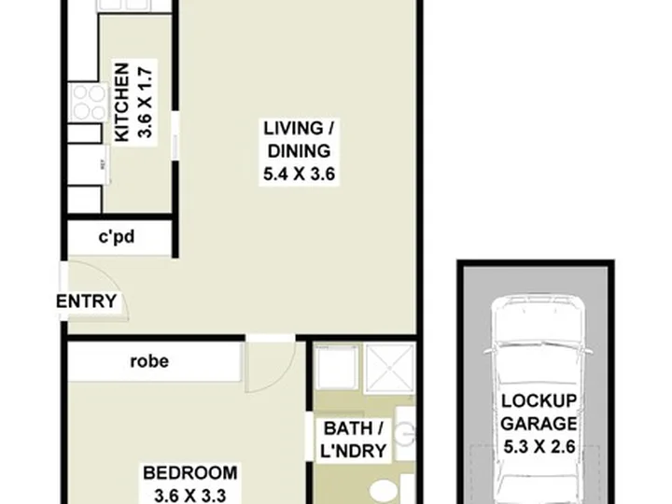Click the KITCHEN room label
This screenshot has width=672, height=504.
(121, 102)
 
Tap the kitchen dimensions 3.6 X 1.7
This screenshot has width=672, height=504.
(145, 103)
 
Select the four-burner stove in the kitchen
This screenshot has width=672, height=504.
(89, 103)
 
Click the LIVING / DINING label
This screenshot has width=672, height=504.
(299, 140)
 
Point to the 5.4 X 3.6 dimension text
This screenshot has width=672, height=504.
(299, 174)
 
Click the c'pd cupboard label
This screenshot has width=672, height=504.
(117, 236)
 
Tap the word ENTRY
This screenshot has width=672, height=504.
(86, 301)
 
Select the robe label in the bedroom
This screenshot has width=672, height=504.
(149, 361)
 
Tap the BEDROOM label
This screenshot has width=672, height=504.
(189, 473)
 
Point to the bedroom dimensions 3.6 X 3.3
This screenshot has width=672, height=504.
(189, 496)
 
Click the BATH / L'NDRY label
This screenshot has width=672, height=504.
(353, 440)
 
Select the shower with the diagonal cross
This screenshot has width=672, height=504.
(388, 368)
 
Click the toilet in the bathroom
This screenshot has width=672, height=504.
(385, 491)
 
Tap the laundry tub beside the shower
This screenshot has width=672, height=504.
(336, 367)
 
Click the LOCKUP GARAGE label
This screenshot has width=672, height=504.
(539, 413)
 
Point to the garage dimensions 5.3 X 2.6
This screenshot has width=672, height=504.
(539, 447)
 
